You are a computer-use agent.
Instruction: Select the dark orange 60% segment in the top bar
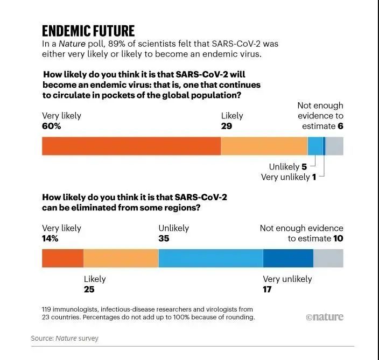click(131, 146)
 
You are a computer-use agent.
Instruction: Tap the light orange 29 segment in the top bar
click(264, 146)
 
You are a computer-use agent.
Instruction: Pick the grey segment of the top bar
click(334, 146)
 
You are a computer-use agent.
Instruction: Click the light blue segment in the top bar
click(315, 146)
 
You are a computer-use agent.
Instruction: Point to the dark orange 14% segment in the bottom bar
click(62, 258)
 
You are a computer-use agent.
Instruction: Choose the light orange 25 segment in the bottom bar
click(121, 258)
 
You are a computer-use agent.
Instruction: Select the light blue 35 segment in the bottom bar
click(210, 258)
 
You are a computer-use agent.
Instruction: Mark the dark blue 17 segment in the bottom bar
click(288, 258)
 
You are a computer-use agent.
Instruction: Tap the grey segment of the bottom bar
click(328, 258)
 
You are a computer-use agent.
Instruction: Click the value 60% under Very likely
click(52, 126)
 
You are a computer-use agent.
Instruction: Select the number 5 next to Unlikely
click(304, 167)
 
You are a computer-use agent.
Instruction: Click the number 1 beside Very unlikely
click(314, 177)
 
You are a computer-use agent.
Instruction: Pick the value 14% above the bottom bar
click(50, 238)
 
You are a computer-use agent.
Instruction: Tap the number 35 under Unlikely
click(164, 238)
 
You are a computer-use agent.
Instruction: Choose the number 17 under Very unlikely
click(268, 290)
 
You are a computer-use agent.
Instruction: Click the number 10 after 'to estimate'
click(338, 238)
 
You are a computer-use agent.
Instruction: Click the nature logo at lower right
click(324, 317)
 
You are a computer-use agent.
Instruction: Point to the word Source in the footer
click(41, 338)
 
